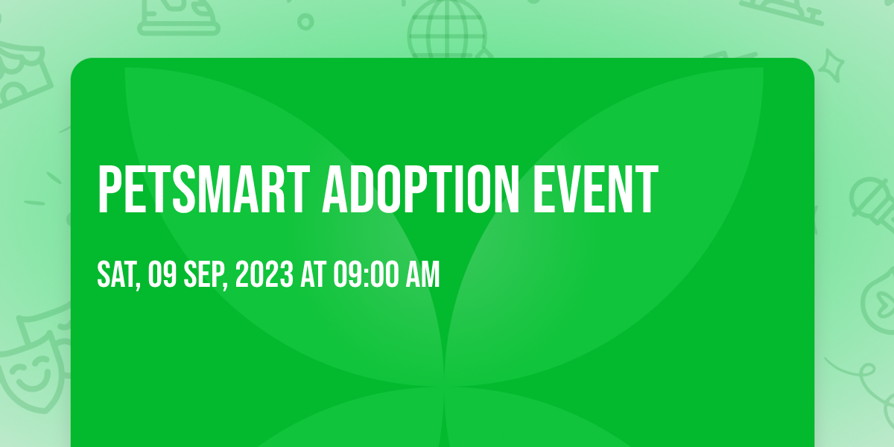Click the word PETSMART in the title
(203, 190)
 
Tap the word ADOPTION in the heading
(421, 190)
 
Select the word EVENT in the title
(595, 190)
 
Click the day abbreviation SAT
(115, 274)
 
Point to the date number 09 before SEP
(162, 274)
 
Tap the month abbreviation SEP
(203, 274)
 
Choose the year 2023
(264, 274)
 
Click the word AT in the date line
(314, 274)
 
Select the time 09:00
(367, 274)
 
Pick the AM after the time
(422, 274)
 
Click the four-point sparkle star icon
(832, 66)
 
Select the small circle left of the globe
(305, 22)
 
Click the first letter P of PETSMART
(109, 190)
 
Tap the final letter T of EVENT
(646, 190)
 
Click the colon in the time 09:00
(367, 275)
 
